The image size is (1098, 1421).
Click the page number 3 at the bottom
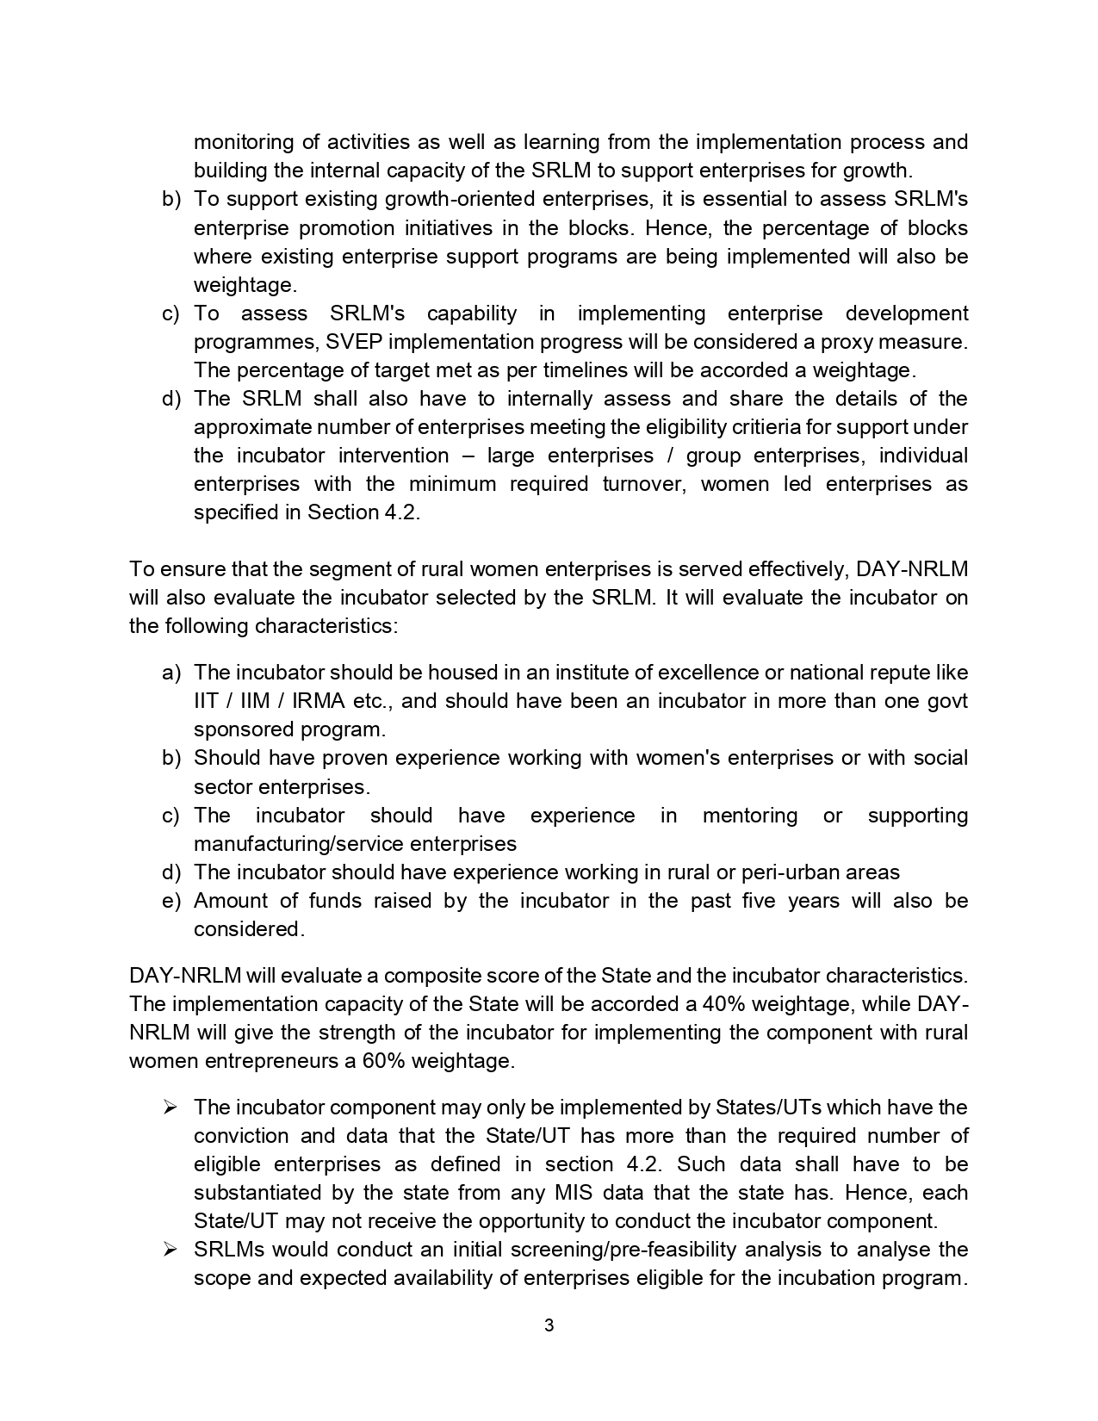coord(549,1325)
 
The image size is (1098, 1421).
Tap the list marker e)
coord(172,901)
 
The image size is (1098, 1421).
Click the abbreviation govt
coord(948,701)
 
